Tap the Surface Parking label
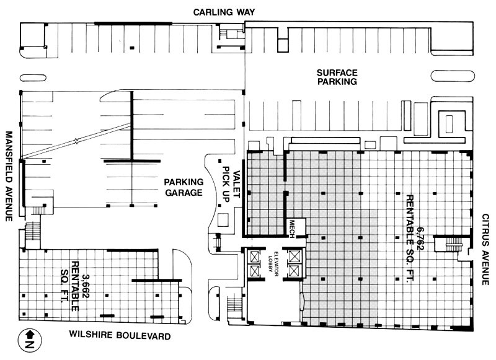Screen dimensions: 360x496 (x=335, y=75)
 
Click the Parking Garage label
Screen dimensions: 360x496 (x=184, y=187)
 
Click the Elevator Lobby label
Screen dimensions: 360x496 (x=271, y=263)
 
